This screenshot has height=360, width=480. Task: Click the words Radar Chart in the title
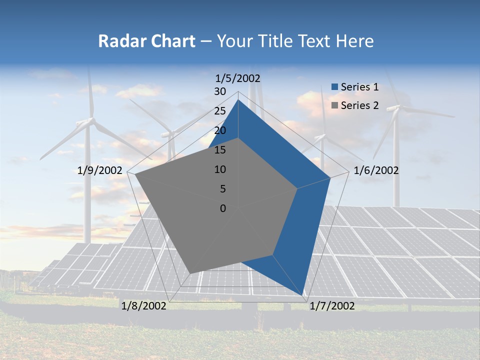[146, 41]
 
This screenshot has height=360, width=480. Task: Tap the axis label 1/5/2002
[238, 78]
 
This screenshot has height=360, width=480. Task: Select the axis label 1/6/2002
[376, 170]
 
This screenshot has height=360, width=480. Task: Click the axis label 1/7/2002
[332, 306]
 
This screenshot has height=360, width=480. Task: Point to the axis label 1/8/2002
[144, 306]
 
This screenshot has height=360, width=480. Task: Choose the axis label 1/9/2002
[100, 170]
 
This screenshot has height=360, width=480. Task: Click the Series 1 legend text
[359, 87]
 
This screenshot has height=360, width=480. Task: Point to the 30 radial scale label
[220, 91]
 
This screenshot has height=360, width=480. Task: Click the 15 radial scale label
[220, 150]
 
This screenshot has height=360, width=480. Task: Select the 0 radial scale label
[223, 208]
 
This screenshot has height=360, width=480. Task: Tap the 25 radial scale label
[220, 111]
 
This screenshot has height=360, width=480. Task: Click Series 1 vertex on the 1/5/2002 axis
[238, 99]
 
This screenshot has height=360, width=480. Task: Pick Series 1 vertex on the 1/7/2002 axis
[303, 296]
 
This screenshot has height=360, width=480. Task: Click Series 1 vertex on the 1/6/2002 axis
[330, 177]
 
